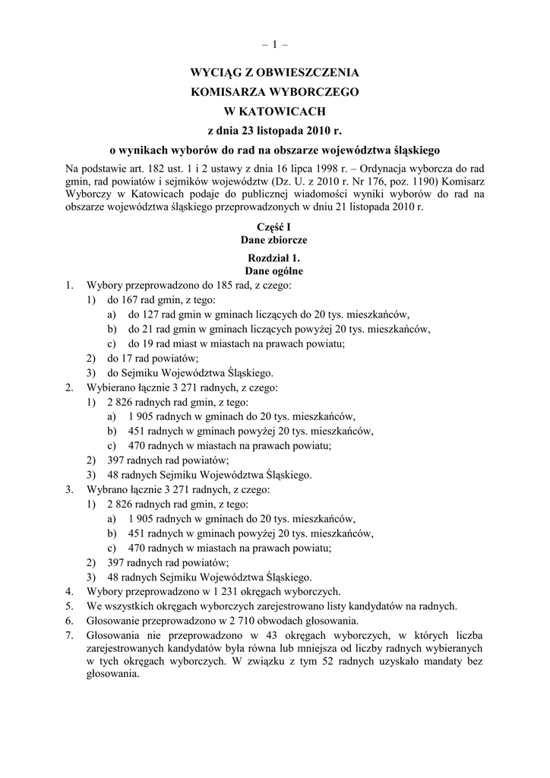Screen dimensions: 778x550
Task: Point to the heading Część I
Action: [274, 227]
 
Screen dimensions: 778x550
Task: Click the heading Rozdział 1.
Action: [274, 258]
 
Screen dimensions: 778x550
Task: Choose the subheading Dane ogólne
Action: [274, 270]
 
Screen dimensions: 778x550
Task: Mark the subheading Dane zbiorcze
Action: [274, 239]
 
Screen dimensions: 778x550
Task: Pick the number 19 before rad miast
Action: [148, 343]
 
